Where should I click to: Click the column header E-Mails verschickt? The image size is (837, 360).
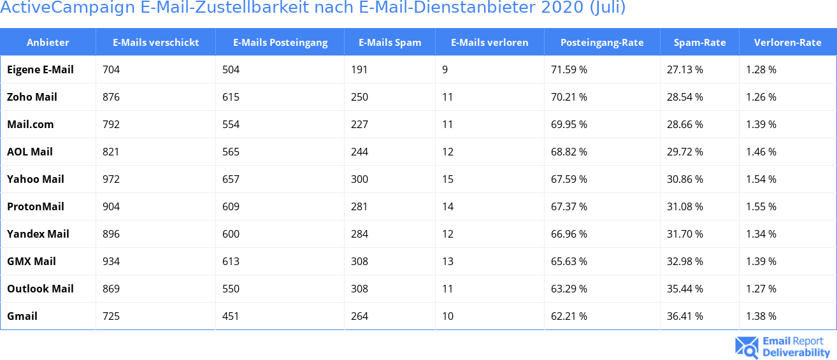155,43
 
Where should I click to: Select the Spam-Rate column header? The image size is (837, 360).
699,43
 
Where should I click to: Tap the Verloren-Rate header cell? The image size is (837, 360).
787,43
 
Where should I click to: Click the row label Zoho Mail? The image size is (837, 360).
32,97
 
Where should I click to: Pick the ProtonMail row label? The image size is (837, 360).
36,206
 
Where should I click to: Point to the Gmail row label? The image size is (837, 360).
22,316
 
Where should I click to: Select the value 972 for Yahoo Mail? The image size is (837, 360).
111,179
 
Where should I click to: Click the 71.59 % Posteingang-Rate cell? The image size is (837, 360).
569,69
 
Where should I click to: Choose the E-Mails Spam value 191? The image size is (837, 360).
359,69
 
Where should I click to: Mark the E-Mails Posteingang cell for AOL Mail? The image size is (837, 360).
231,152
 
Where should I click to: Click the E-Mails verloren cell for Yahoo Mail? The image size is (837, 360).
448,179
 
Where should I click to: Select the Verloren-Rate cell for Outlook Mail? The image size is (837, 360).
761,289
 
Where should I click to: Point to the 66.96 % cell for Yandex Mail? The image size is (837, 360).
569,234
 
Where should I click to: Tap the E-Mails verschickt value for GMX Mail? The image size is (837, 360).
111,261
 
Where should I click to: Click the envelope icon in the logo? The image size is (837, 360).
747,347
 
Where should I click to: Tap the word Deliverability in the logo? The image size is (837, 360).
796,352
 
